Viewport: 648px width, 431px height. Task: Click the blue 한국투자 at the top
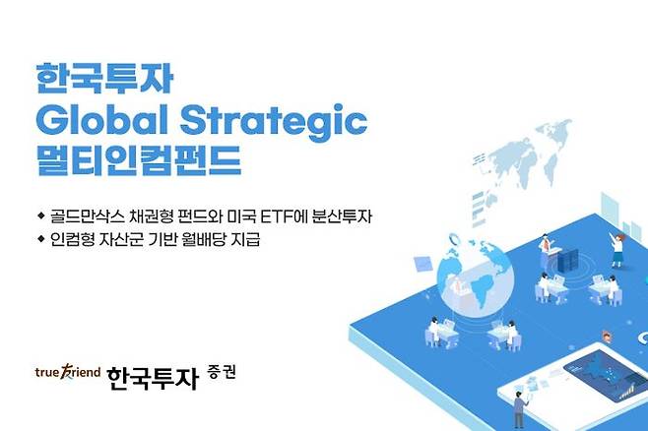coord(90,78)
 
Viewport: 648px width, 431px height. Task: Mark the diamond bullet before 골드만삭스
coord(40,215)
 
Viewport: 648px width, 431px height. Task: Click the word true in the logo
coord(47,373)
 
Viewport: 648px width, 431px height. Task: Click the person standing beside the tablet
coord(519,404)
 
